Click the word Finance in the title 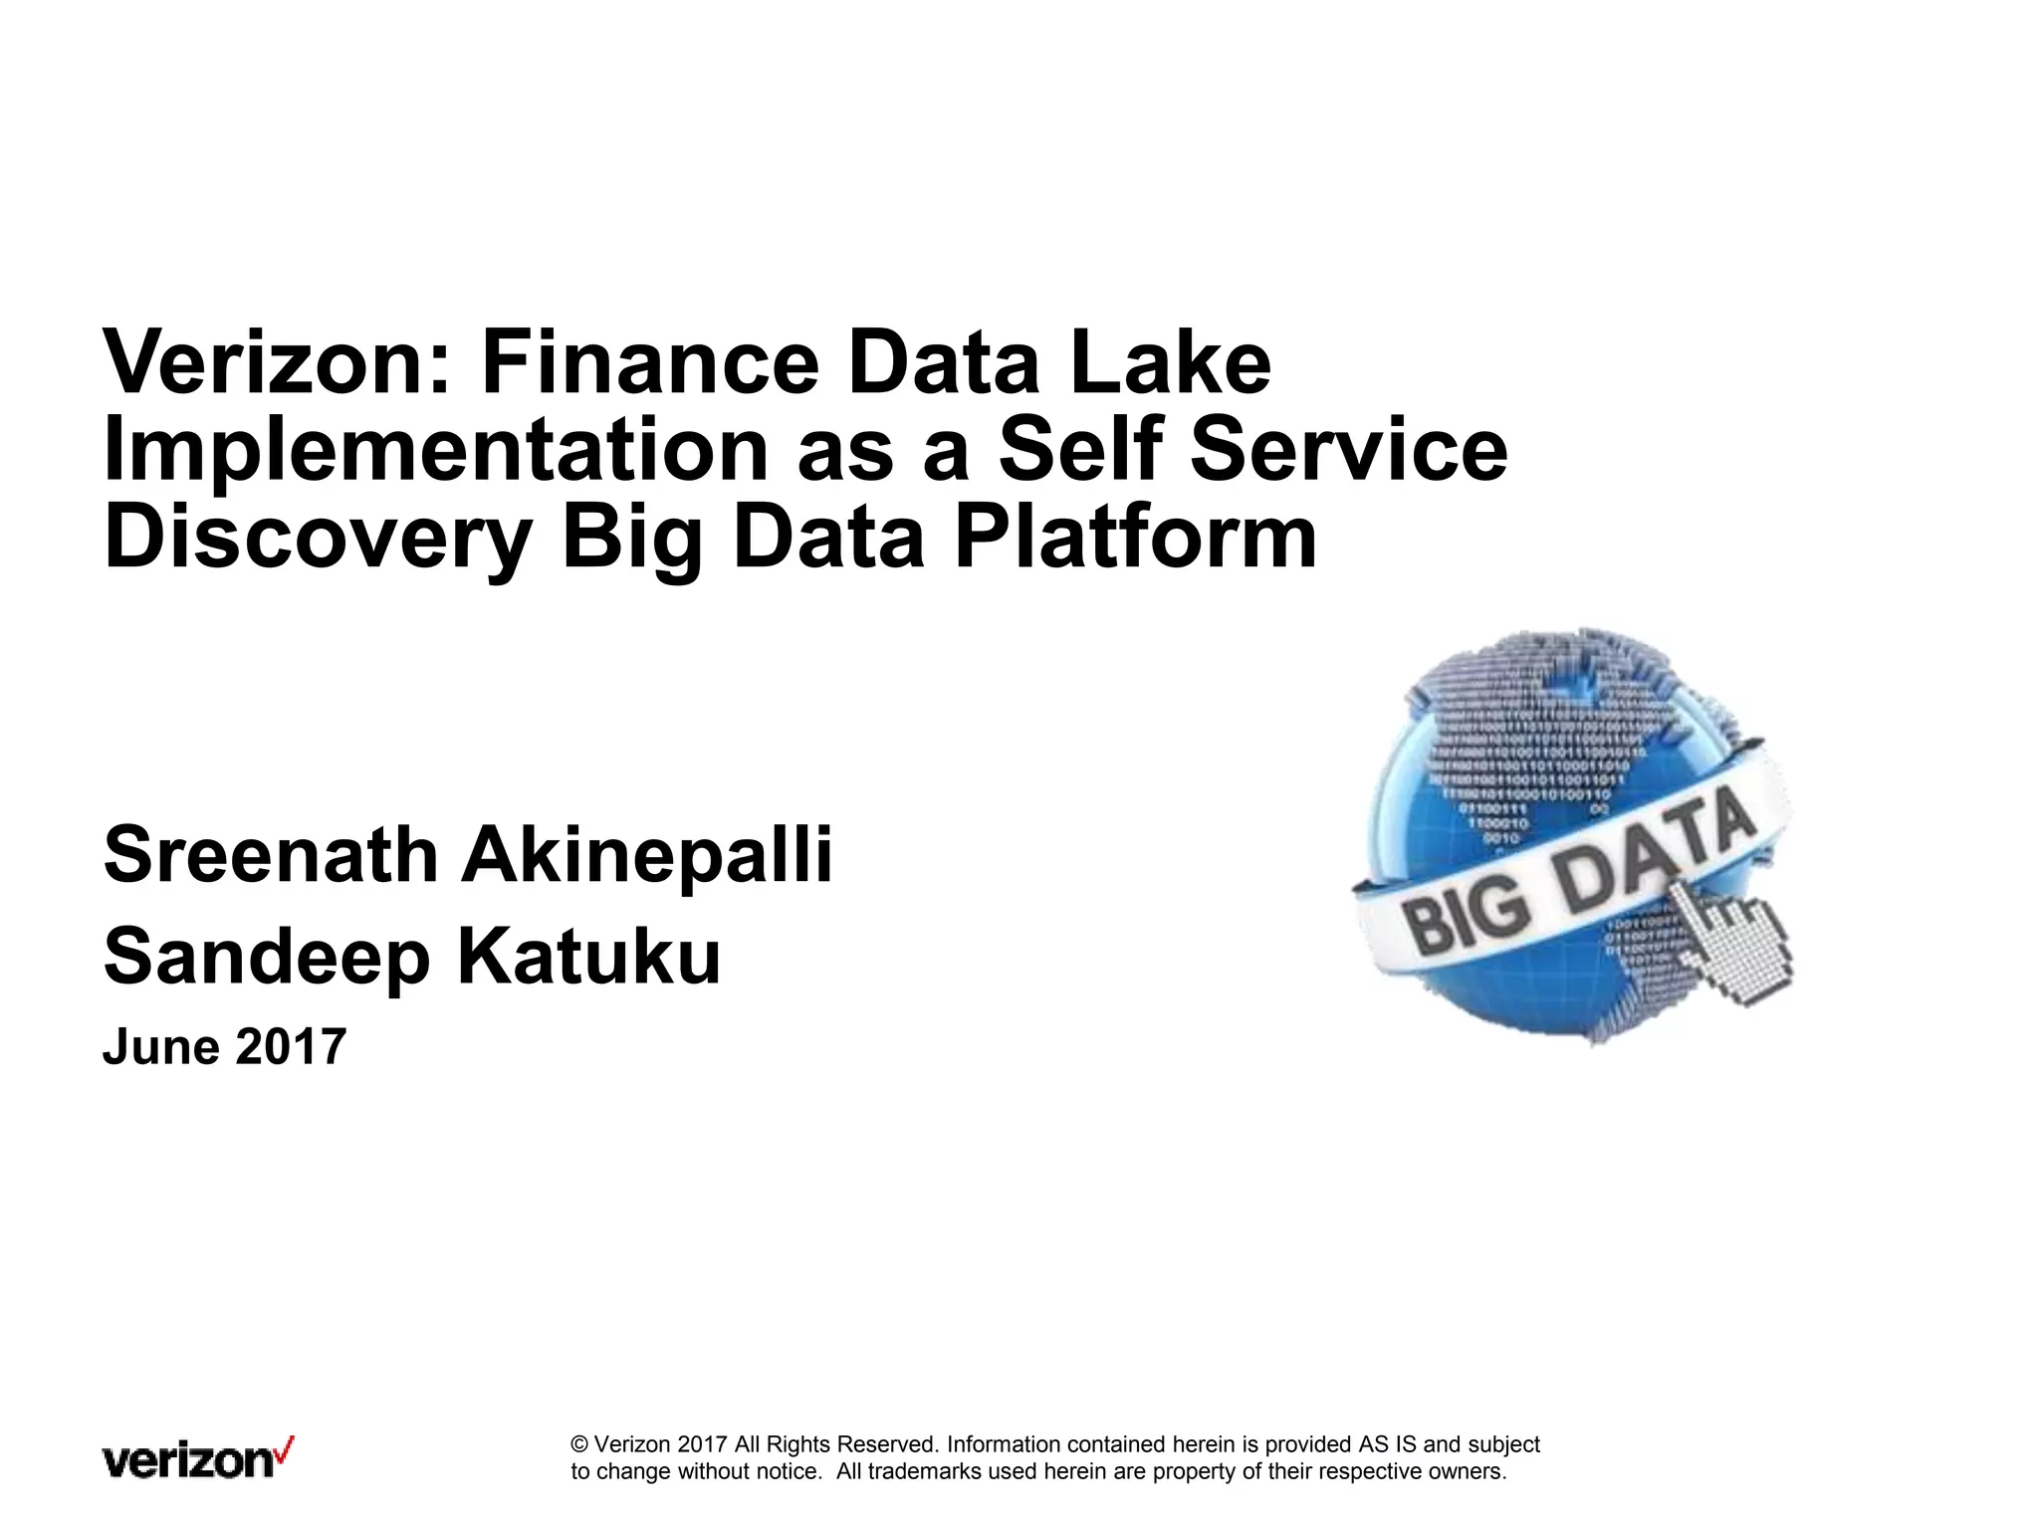pyautogui.click(x=649, y=362)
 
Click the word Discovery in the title pyautogui.click(x=318, y=540)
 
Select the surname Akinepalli pyautogui.click(x=646, y=855)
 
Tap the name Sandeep pyautogui.click(x=267, y=958)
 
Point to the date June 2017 pyautogui.click(x=225, y=1047)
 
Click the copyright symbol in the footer pyautogui.click(x=579, y=1444)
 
